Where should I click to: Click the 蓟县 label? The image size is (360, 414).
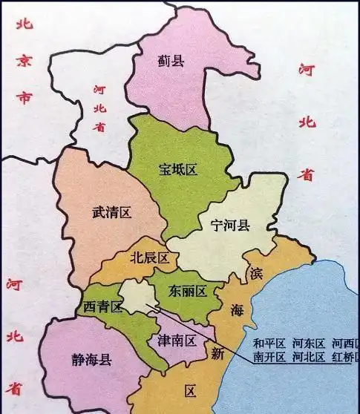[171, 61]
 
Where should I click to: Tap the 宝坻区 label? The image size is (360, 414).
[178, 170]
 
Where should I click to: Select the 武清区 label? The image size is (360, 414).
[111, 213]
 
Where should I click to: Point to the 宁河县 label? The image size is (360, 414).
[230, 226]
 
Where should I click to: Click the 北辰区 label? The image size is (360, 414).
[150, 257]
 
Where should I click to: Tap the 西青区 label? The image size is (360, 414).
[102, 306]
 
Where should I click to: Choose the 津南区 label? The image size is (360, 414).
[177, 341]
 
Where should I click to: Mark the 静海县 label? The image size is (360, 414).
[91, 361]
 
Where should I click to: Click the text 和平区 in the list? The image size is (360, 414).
[269, 343]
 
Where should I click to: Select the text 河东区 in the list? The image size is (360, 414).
[308, 343]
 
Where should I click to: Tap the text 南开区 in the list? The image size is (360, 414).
[269, 357]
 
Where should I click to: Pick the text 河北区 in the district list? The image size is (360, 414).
[308, 357]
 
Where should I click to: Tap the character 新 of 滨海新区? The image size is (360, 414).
[217, 354]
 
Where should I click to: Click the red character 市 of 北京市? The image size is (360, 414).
[24, 97]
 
